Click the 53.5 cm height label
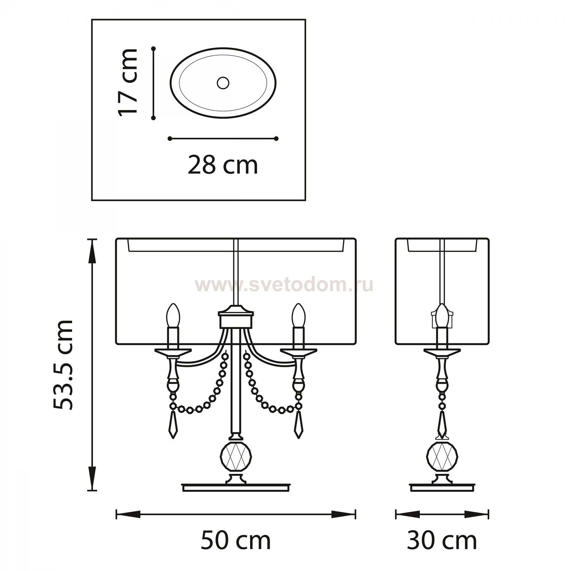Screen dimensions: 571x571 click(x=63, y=365)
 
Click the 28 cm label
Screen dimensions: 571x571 click(x=223, y=165)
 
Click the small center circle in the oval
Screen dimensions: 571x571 click(x=223, y=83)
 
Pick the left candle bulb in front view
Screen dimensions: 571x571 click(x=174, y=315)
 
